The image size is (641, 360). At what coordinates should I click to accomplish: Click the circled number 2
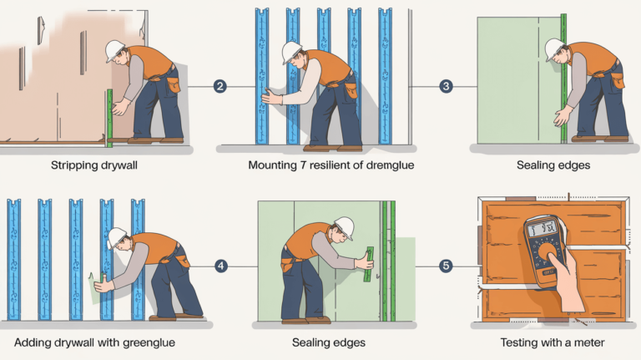pos(220,86)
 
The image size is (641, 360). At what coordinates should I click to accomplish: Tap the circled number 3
pos(446,86)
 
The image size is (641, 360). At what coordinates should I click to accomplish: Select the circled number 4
pos(221,266)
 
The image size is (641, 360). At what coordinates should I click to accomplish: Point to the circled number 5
pos(446,266)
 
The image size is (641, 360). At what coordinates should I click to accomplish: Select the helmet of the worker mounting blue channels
pos(291,52)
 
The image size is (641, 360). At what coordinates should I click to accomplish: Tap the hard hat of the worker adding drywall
pos(117,237)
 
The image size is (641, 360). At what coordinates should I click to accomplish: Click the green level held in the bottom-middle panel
pos(368,263)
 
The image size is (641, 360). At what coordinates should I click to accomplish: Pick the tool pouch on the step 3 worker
pos(617,79)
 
